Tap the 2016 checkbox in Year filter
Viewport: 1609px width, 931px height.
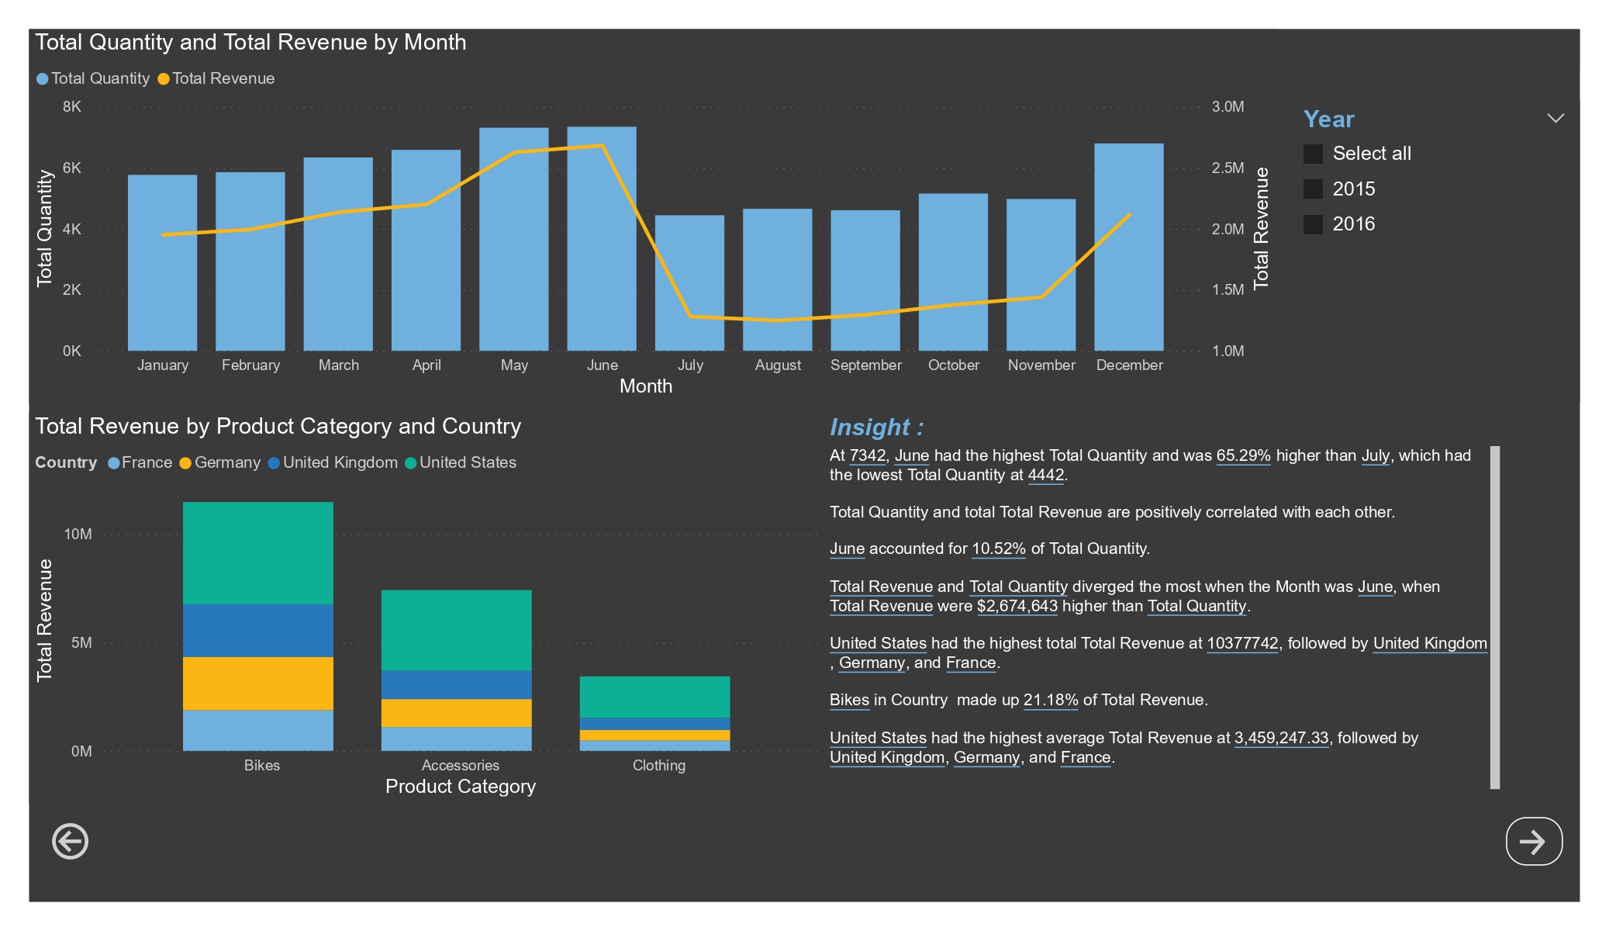click(1313, 224)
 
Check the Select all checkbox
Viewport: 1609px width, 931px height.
click(1313, 154)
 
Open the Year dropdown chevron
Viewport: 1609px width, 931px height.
click(1555, 119)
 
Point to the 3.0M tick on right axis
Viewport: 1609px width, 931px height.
click(1227, 107)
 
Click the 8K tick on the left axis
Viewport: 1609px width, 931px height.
click(71, 107)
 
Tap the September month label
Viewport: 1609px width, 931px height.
click(865, 365)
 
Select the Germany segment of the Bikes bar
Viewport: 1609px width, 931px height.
click(257, 683)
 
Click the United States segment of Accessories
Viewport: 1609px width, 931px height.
click(456, 630)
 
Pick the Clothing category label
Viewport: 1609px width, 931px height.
click(658, 765)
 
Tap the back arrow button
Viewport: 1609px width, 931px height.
click(70, 842)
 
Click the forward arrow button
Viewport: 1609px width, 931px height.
click(1533, 842)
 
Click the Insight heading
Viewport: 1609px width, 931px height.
click(876, 427)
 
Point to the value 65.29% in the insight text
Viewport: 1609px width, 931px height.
click(1243, 456)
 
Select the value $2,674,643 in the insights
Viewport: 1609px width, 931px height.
click(1017, 606)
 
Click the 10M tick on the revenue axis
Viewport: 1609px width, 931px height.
click(78, 535)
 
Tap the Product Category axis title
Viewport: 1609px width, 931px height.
click(460, 787)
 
